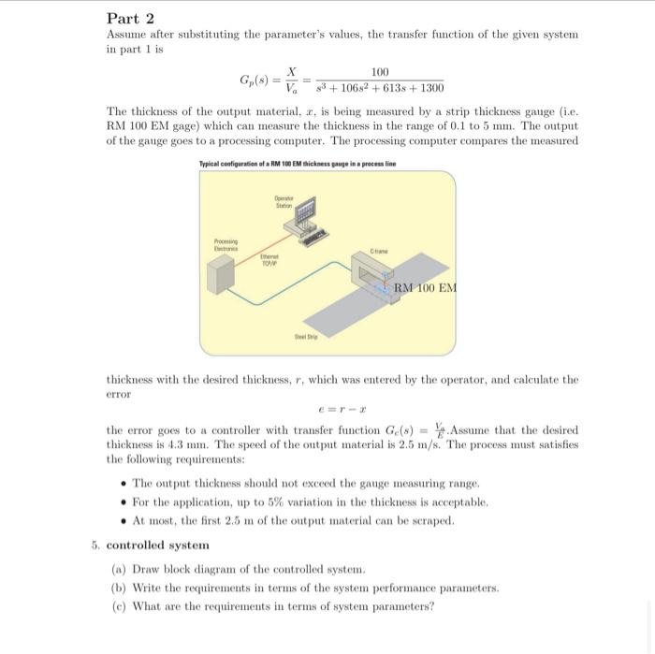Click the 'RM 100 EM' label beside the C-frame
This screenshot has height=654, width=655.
pyautogui.click(x=426, y=287)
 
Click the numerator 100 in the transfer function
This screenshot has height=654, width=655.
pyautogui.click(x=380, y=72)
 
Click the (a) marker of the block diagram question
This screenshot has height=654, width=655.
pyautogui.click(x=119, y=568)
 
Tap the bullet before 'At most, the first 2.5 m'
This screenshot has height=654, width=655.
pyautogui.click(x=124, y=521)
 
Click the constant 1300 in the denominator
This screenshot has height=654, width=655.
pyautogui.click(x=426, y=88)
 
